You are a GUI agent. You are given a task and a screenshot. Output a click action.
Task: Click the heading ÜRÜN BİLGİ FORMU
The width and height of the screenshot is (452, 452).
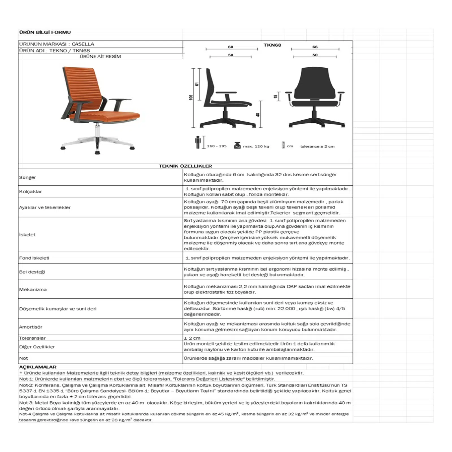click(45, 32)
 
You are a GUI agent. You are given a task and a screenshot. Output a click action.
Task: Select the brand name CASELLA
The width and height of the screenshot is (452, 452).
click(83, 44)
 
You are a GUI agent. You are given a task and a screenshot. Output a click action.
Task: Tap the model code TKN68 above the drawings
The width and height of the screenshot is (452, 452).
click(272, 45)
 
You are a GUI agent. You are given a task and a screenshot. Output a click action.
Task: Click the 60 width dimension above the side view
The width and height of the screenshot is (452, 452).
click(231, 47)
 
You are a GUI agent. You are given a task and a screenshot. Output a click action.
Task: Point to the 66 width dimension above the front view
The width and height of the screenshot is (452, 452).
click(315, 47)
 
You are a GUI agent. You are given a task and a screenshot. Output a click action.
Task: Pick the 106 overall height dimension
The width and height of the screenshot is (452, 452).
click(191, 97)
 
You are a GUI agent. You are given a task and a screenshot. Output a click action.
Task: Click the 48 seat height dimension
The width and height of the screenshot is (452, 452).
click(258, 115)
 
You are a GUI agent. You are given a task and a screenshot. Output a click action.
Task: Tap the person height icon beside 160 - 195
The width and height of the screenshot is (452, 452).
click(198, 142)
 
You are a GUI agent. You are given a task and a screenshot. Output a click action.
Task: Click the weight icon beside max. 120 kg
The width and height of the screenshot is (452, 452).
click(237, 145)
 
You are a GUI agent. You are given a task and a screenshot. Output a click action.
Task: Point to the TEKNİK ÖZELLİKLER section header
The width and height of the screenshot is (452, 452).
click(185, 166)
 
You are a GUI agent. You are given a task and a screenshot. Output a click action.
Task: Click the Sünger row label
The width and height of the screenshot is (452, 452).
click(27, 177)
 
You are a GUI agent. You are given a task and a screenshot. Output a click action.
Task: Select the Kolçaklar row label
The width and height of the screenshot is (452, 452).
click(30, 192)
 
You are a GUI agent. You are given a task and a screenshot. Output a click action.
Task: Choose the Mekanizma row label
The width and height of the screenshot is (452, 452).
click(33, 290)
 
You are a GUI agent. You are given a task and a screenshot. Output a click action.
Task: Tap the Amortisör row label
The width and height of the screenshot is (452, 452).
click(31, 327)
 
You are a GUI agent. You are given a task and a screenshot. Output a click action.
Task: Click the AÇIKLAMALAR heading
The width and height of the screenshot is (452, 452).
click(38, 367)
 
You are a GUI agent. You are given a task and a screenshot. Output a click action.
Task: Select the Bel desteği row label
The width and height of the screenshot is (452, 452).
click(32, 272)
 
